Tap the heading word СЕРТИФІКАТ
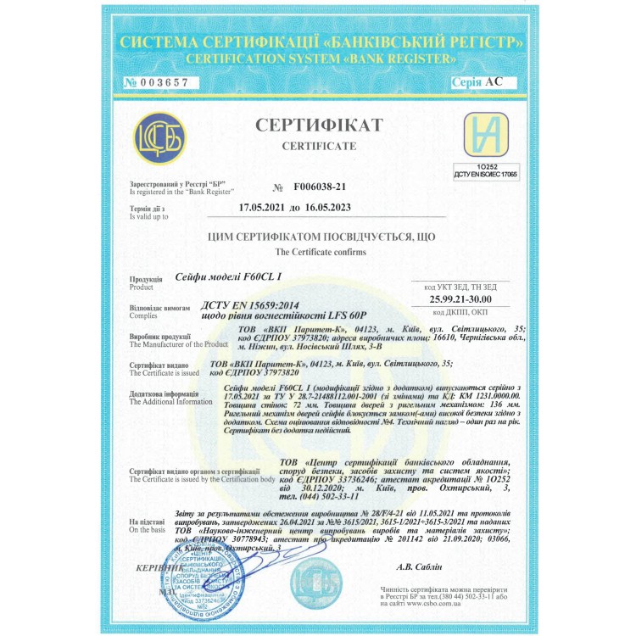pyautogui.click(x=319, y=126)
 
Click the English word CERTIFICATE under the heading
pyautogui.click(x=319, y=146)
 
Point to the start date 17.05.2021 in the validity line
pyautogui.click(x=264, y=206)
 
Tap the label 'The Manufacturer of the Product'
pyautogui.click(x=179, y=344)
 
